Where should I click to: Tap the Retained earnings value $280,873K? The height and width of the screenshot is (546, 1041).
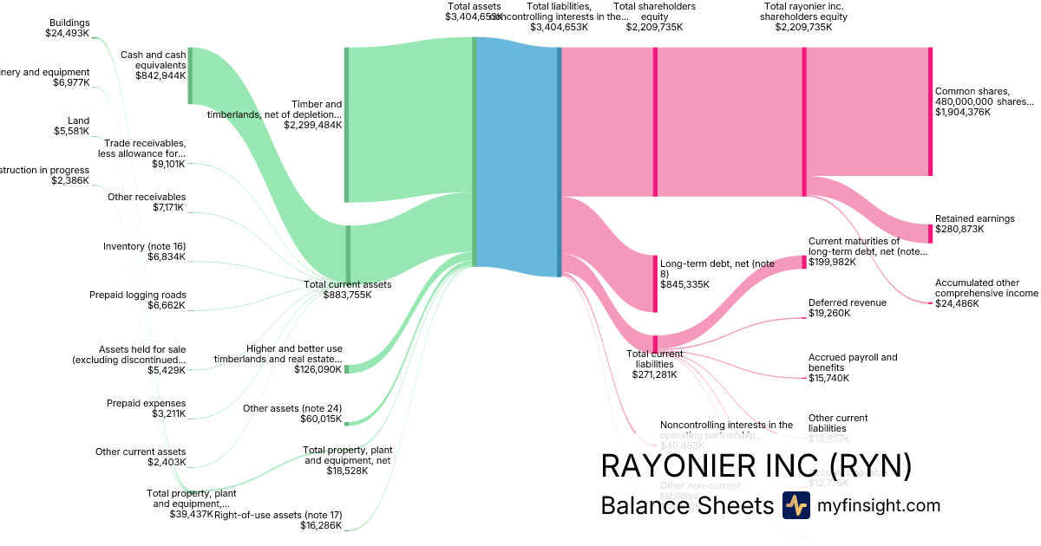(963, 230)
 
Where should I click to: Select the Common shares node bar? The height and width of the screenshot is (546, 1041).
(930, 112)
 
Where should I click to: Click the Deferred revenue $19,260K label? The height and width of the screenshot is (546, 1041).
(848, 308)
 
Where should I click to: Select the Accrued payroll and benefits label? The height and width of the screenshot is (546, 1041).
(853, 362)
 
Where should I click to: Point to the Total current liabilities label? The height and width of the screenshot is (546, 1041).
(655, 358)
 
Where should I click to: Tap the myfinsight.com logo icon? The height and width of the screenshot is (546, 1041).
(795, 505)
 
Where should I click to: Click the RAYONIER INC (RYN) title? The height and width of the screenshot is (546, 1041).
(756, 466)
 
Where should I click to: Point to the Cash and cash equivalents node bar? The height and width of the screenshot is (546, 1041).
(190, 75)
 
